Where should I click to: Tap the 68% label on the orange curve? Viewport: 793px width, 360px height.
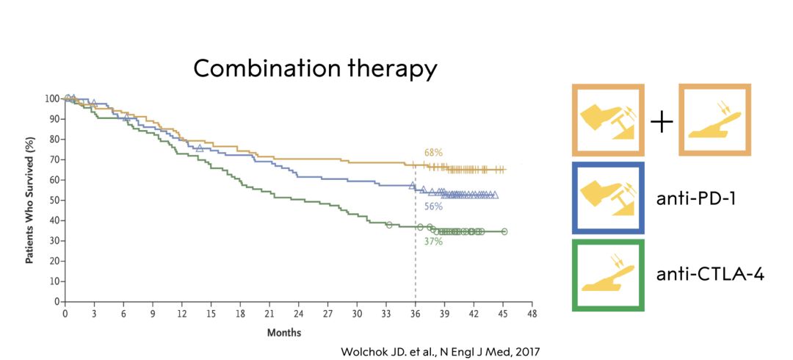(432, 152)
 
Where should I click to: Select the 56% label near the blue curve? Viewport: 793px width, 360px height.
(433, 206)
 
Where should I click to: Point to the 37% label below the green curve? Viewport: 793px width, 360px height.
(433, 241)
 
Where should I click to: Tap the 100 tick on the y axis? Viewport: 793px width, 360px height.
(51, 98)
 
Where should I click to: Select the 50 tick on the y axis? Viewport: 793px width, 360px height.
(54, 200)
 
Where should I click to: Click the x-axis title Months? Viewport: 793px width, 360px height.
(283, 332)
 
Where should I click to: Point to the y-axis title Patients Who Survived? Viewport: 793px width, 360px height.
(30, 200)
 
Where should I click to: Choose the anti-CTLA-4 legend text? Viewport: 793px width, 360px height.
(711, 275)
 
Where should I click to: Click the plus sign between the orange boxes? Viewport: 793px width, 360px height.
(662, 122)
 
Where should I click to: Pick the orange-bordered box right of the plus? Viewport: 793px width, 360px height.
(714, 120)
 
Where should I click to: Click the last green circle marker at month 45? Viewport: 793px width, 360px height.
(504, 231)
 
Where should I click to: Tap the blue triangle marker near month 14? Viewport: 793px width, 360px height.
(200, 148)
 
